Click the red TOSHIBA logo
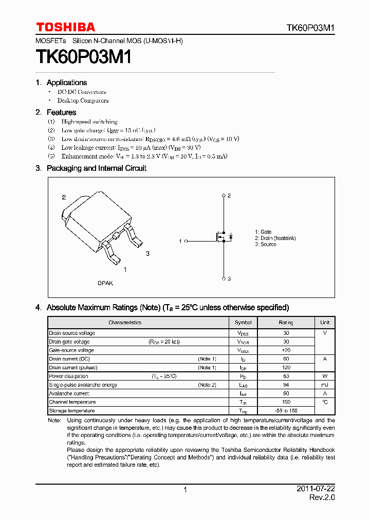65,27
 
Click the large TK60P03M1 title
84,57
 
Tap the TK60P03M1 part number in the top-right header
311,28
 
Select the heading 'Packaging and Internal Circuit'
96,168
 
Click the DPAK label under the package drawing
105,283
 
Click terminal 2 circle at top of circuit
224,195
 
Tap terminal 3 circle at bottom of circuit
224,278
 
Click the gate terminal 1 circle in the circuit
186,241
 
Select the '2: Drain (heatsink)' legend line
275,238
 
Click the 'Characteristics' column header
125,323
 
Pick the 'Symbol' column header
243,323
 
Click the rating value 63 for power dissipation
286,376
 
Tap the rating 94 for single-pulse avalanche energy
286,385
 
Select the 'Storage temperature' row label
72,411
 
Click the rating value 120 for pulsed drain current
286,367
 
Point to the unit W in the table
325,376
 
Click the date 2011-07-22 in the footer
316,489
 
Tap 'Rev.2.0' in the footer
322,497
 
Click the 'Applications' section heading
66,83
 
